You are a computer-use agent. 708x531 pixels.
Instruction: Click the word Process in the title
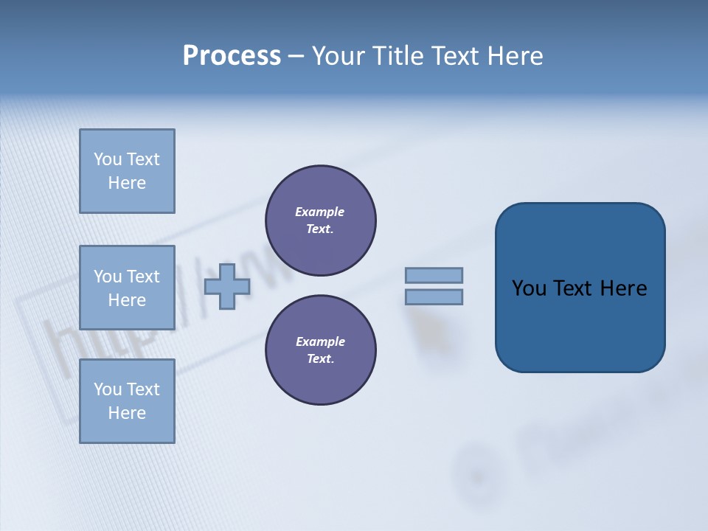(x=232, y=56)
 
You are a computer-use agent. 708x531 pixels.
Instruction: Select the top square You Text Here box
(x=127, y=171)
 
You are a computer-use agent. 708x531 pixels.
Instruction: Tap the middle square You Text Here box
(x=127, y=288)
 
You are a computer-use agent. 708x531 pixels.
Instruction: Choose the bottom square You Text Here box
(x=127, y=401)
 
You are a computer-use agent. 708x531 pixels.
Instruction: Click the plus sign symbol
(x=226, y=286)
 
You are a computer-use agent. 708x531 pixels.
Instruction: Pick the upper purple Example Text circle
(x=320, y=221)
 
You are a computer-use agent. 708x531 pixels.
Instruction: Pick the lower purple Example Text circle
(x=320, y=350)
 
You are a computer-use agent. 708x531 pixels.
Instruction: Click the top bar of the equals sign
(x=434, y=276)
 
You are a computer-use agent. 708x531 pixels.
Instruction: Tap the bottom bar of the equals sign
(x=434, y=297)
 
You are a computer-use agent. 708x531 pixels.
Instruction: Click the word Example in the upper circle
(x=319, y=212)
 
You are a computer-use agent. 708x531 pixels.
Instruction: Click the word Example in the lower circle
(x=319, y=342)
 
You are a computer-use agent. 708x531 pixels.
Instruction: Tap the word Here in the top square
(x=127, y=184)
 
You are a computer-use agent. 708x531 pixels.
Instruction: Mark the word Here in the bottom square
(x=127, y=414)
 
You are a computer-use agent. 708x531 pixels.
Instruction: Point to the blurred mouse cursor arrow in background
(x=426, y=328)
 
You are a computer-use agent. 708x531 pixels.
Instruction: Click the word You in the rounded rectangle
(x=529, y=288)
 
